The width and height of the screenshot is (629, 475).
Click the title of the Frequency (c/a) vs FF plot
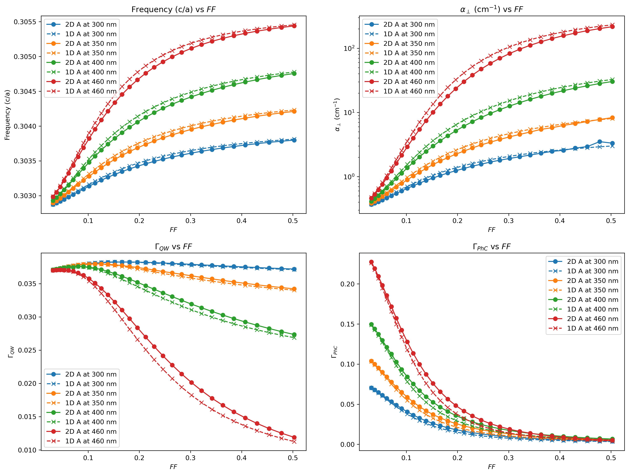(173, 9)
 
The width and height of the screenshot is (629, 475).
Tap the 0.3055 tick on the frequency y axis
(25, 22)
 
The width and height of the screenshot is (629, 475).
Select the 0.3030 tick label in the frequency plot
(25, 196)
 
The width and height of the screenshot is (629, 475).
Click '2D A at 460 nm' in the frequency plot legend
(91, 82)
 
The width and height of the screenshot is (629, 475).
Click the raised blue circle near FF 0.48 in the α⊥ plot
(600, 142)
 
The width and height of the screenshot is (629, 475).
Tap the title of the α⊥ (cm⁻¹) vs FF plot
(492, 9)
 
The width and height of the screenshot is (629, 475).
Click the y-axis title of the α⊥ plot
(337, 115)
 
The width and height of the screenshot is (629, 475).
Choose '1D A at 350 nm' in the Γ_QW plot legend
(91, 403)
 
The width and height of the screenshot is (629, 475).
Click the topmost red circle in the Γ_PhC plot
(371, 262)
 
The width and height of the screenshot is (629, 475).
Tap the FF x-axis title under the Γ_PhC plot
(492, 467)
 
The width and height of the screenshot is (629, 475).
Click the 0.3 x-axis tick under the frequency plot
(191, 220)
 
